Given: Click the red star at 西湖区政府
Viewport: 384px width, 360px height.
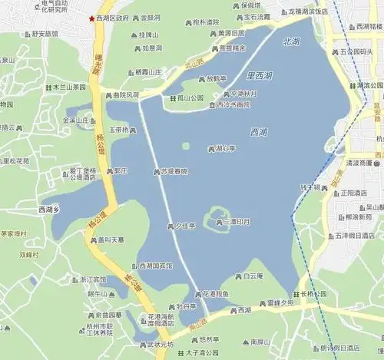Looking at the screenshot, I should pyautogui.click(x=93, y=17).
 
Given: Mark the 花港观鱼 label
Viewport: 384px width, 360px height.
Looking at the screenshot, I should pyautogui.click(x=217, y=293).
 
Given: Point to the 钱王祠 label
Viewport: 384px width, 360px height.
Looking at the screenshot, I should pyautogui.click(x=313, y=187).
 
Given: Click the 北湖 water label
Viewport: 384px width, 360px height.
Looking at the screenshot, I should pyautogui.click(x=292, y=41).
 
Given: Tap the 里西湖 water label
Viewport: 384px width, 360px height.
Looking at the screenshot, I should pyautogui.click(x=260, y=77).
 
